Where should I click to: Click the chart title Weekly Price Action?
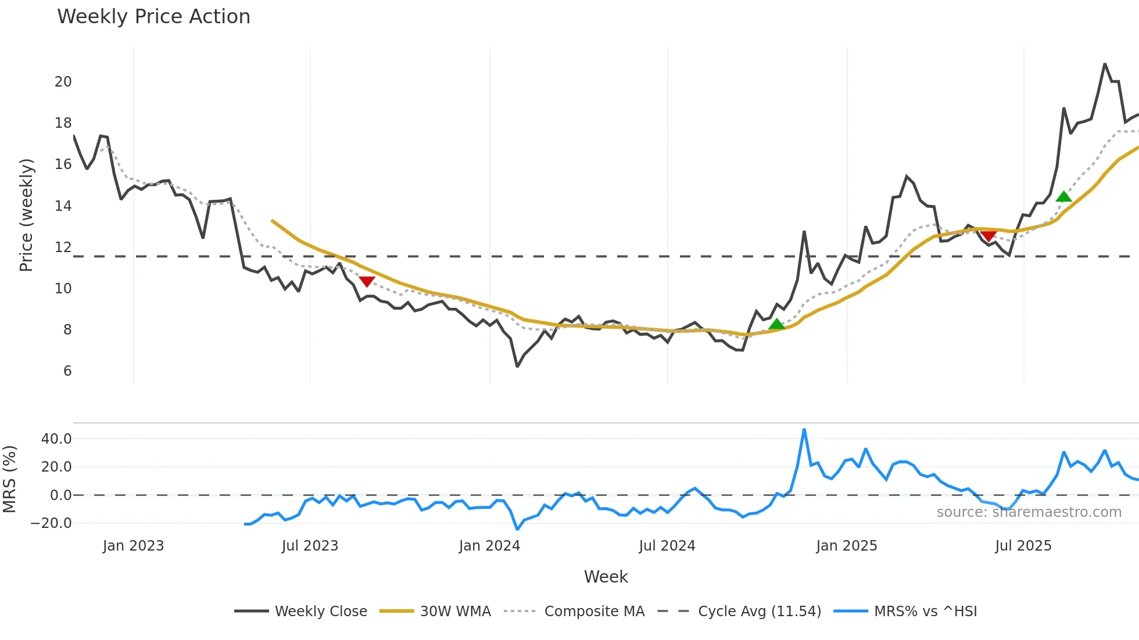[x=153, y=17]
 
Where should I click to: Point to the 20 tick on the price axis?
[x=63, y=82]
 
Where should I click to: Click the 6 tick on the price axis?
[x=67, y=371]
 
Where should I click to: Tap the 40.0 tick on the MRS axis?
[x=56, y=439]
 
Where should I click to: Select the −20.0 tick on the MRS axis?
[x=52, y=523]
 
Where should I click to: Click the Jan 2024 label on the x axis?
[x=489, y=546]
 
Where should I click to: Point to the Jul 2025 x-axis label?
[x=1023, y=546]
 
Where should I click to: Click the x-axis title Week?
[x=606, y=577]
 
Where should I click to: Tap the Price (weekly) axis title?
[x=26, y=215]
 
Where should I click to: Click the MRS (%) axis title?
[x=9, y=479]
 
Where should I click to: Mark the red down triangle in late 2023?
[x=367, y=282]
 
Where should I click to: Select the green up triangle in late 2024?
[x=776, y=324]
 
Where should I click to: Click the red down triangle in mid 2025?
[x=988, y=235]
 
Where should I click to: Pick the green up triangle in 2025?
[x=1063, y=197]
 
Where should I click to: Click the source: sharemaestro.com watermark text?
[x=1029, y=512]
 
